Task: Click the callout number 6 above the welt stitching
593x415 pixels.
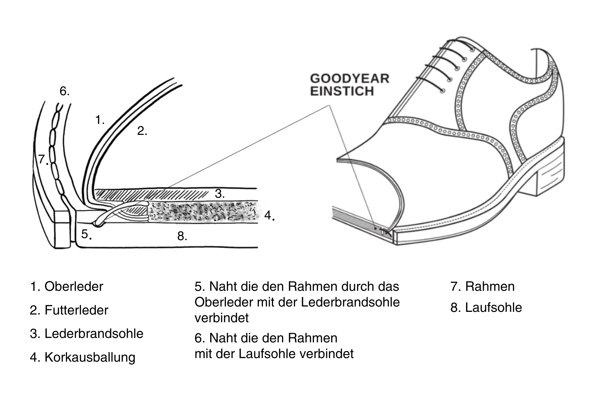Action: (x=64, y=91)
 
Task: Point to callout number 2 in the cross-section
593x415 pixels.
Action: (x=142, y=131)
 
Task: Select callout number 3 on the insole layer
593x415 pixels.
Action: (x=220, y=194)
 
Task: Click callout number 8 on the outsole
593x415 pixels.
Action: (x=182, y=236)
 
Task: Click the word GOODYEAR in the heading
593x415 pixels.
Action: (x=350, y=79)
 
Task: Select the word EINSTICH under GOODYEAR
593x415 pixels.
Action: (x=342, y=91)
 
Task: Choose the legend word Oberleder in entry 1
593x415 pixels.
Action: (x=74, y=287)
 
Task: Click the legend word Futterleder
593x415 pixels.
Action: (x=76, y=310)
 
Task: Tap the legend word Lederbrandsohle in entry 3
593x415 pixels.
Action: (x=94, y=334)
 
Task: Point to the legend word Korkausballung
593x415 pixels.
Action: (x=90, y=357)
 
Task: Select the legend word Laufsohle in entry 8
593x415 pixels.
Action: (x=493, y=308)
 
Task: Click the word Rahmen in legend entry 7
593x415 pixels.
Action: (x=490, y=287)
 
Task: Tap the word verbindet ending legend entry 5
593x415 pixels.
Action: (x=221, y=318)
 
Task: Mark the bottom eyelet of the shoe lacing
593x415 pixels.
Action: (x=443, y=91)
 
